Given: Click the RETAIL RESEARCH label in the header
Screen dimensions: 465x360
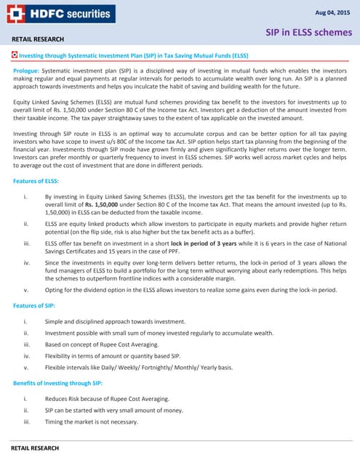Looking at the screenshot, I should [x=38, y=39].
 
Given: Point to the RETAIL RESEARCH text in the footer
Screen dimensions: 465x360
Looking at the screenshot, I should [x=38, y=442].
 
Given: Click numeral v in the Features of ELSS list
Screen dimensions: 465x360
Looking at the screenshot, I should [x=26, y=290].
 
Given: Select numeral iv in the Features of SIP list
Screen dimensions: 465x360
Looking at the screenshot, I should [x=25, y=356].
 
